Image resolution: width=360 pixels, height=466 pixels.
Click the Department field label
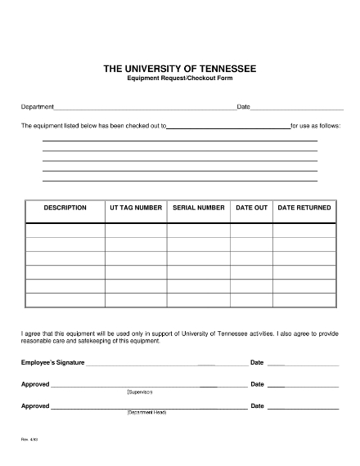point(38,107)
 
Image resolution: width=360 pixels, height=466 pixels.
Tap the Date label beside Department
point(243,107)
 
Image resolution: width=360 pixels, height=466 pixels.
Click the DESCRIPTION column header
point(65,208)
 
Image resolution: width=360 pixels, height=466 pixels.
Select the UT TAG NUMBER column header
point(136,208)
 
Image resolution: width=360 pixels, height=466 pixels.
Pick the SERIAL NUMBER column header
point(199,208)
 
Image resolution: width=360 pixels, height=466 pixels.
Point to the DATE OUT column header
point(251,208)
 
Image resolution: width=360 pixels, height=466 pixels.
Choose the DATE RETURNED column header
point(304,208)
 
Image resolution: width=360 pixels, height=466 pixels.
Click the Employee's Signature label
point(52,362)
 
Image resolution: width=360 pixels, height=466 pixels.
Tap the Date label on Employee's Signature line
point(257,362)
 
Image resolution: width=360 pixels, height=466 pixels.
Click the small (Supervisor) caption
point(140,392)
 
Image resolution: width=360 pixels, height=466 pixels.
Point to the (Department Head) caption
point(147,412)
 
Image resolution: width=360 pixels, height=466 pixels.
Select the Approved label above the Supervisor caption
point(35,383)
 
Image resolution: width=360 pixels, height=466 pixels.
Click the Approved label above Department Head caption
point(35,405)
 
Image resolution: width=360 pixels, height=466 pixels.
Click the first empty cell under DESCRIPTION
point(65,230)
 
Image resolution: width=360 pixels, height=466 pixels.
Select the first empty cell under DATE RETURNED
point(304,230)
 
